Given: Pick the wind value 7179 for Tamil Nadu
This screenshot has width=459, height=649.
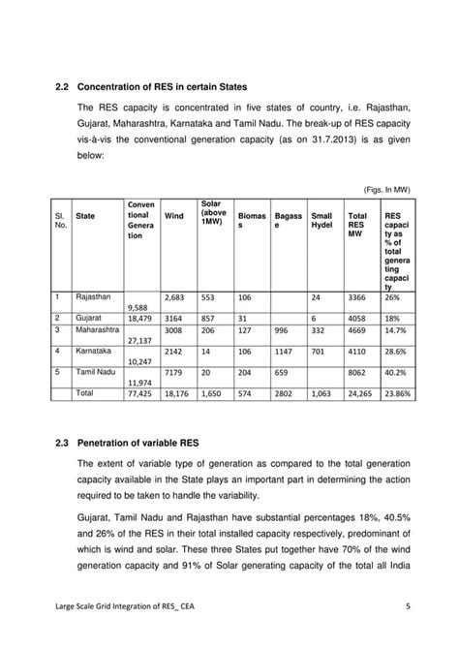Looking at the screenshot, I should click(175, 371).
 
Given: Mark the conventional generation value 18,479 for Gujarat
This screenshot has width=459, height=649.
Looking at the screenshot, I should click(139, 317).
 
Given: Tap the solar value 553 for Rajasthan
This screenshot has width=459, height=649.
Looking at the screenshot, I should click(209, 297).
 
